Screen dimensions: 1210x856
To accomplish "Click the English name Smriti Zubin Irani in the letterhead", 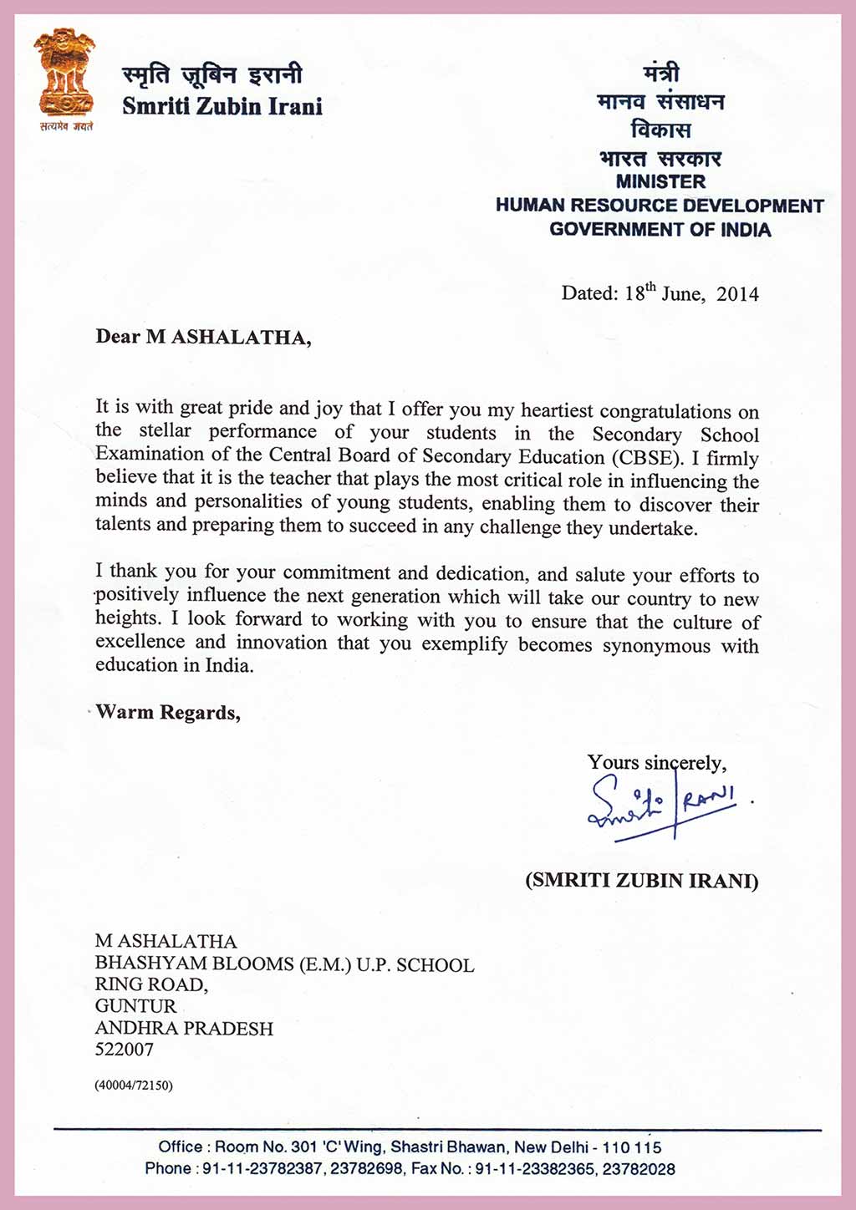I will [222, 107].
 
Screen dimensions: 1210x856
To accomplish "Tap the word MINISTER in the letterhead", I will [660, 181].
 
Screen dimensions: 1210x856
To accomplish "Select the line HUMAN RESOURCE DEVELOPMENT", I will [660, 206].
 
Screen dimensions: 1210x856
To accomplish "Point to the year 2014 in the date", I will [737, 294].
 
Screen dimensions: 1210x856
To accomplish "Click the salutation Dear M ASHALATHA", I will [203, 338].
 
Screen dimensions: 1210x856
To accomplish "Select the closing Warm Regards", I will [168, 713].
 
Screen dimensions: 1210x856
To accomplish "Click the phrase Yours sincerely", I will [657, 763].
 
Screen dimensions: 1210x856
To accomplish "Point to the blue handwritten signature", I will [660, 804].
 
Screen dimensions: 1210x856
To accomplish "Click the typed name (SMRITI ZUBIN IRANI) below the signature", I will [642, 881].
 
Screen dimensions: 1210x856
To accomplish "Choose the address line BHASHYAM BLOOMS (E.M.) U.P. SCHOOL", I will [284, 964].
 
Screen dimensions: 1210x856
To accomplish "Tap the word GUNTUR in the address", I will [135, 1006].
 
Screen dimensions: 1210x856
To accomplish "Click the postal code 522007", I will [125, 1050].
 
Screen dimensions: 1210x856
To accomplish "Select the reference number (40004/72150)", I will [134, 1085].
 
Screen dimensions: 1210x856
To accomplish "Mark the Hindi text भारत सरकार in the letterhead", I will [660, 158].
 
